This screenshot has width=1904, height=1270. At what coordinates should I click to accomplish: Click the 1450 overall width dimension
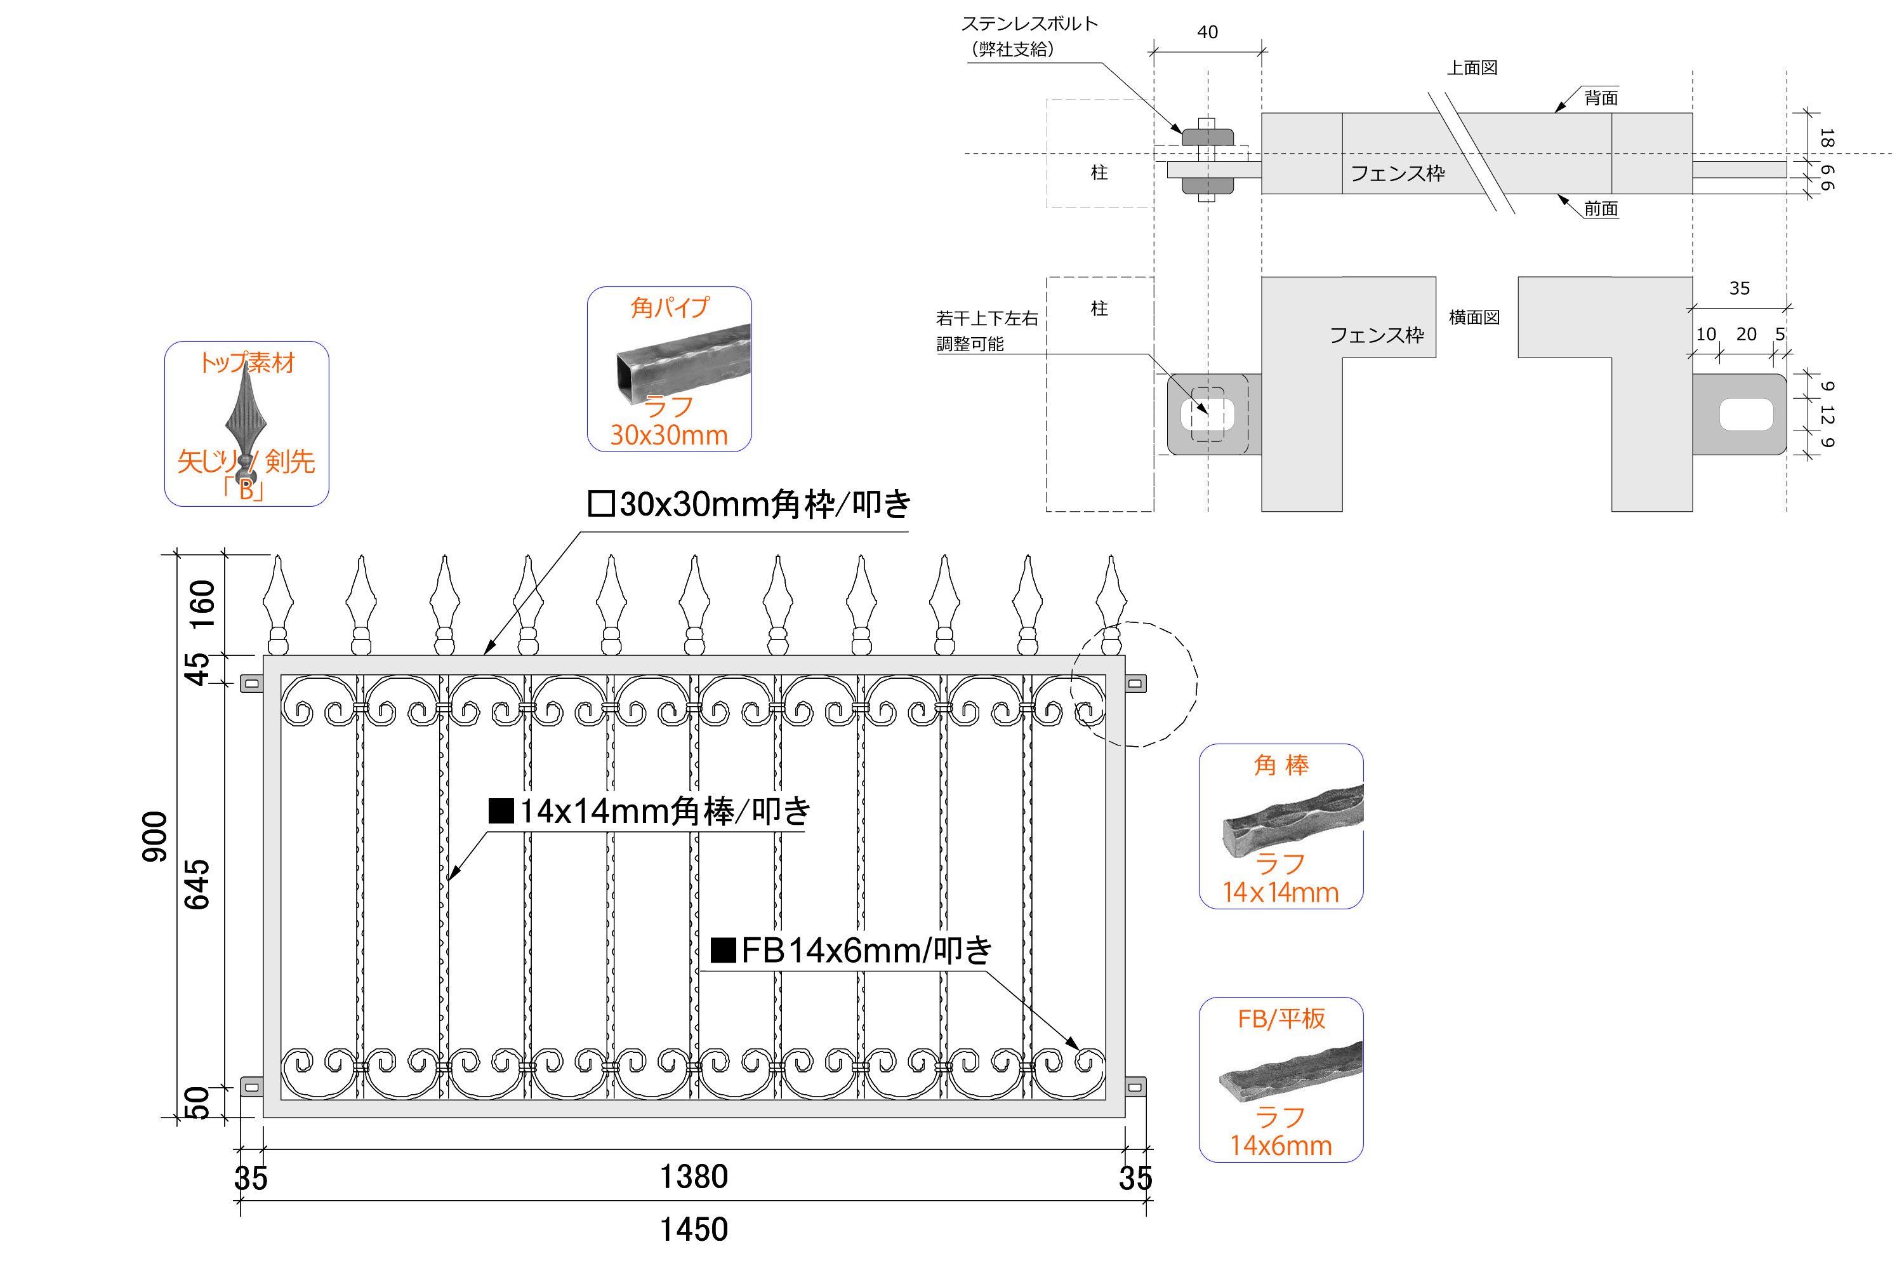click(x=694, y=1229)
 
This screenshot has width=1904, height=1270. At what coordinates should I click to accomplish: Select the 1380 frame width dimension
click(x=694, y=1176)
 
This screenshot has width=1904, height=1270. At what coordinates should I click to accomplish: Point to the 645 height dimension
click(x=197, y=885)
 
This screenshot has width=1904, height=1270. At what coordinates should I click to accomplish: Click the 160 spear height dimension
click(x=202, y=605)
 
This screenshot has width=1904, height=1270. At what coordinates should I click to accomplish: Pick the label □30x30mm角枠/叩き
click(x=749, y=504)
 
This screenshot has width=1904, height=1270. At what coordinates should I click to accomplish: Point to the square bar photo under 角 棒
click(x=1293, y=820)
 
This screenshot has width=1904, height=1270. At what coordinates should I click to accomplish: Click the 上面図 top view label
click(x=1472, y=68)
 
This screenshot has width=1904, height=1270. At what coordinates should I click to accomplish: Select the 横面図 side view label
click(x=1474, y=317)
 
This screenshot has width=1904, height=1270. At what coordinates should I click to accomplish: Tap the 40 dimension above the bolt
click(x=1207, y=32)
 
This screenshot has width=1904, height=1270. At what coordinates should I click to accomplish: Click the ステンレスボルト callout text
click(x=1029, y=24)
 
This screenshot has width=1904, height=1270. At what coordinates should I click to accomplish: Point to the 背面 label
click(x=1601, y=98)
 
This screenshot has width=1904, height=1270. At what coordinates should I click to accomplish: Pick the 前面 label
click(x=1601, y=209)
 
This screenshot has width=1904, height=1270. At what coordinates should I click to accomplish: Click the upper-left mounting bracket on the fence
click(x=252, y=684)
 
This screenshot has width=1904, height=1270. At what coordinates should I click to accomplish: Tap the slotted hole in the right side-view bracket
click(x=1746, y=414)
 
